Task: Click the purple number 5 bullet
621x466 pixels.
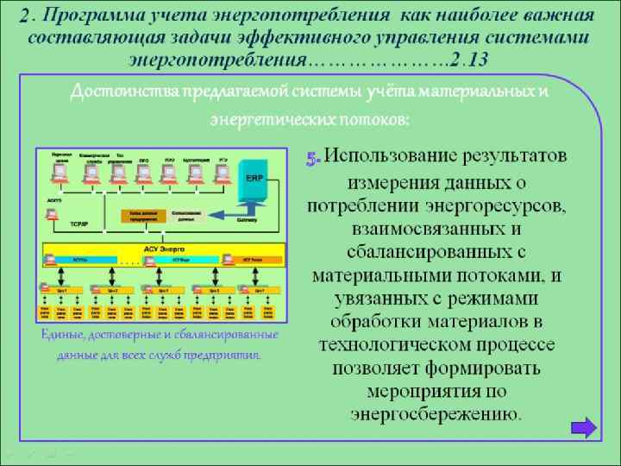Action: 313,158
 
